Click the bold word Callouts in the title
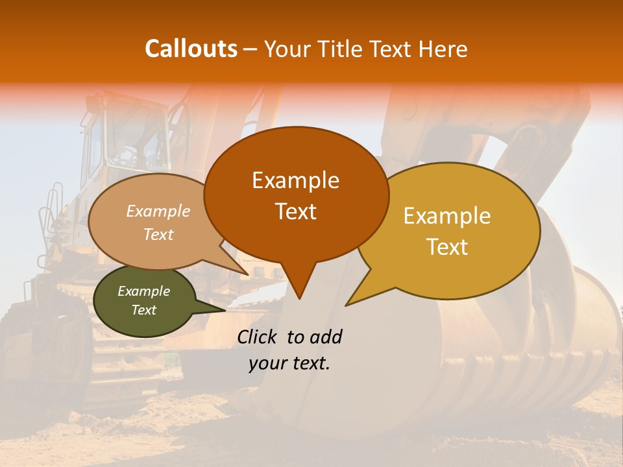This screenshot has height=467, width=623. click(191, 49)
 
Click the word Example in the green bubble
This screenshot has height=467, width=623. click(143, 291)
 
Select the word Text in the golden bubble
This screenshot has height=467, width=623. click(448, 247)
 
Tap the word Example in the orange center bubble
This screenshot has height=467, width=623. click(295, 180)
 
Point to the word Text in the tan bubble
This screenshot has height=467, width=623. click(158, 235)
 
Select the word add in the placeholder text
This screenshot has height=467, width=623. click(325, 337)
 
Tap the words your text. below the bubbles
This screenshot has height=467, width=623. click(289, 364)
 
